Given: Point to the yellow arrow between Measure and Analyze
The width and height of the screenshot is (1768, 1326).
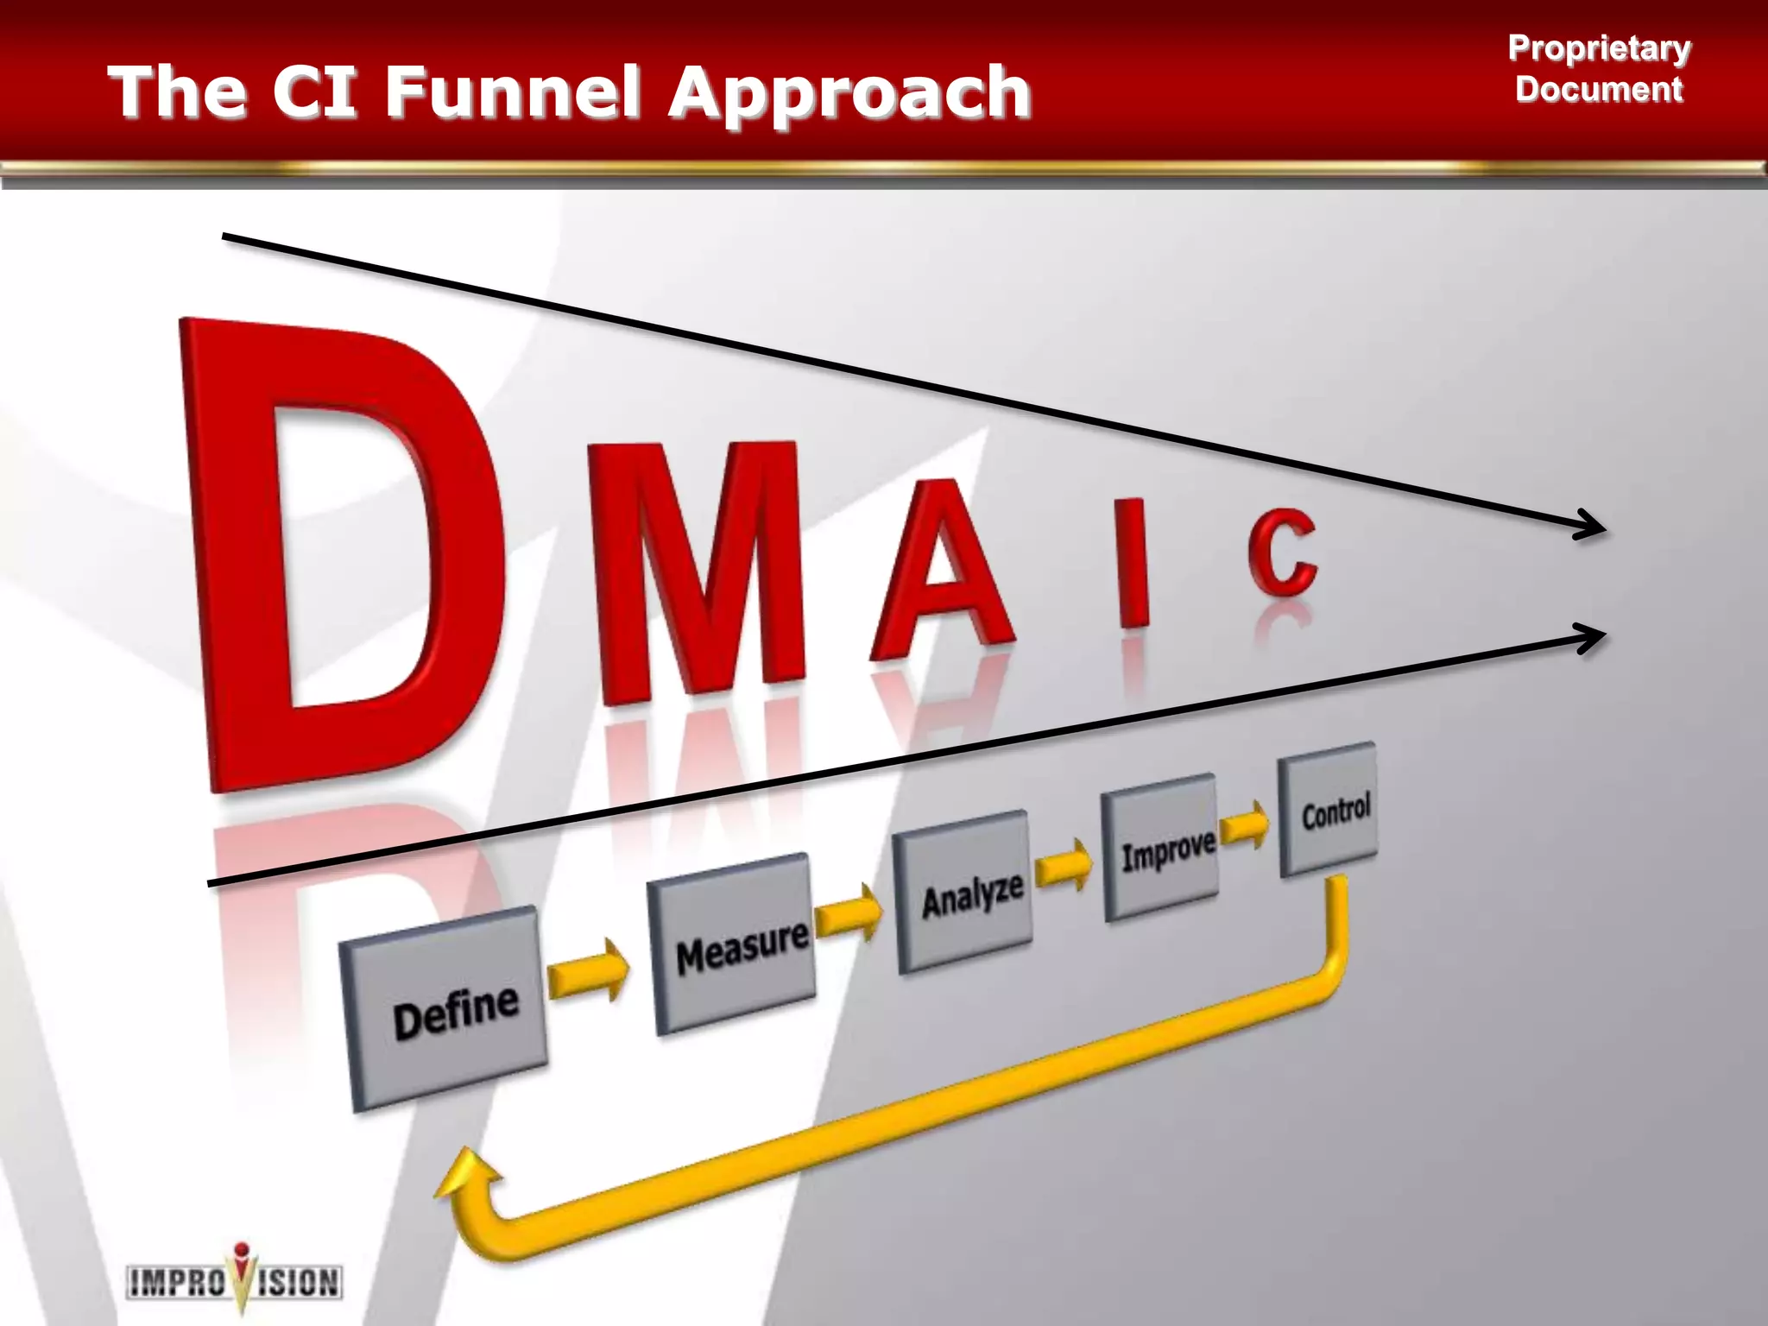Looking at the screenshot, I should tap(849, 914).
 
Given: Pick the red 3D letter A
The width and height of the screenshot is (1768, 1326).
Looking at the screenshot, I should tap(941, 570).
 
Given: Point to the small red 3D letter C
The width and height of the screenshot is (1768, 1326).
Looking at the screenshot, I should tap(1283, 552).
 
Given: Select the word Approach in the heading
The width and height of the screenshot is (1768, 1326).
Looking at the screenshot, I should tap(850, 93).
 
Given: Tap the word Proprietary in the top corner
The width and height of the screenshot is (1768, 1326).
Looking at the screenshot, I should tap(1599, 48).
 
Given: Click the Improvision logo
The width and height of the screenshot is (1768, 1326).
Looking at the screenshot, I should tap(235, 1279).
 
